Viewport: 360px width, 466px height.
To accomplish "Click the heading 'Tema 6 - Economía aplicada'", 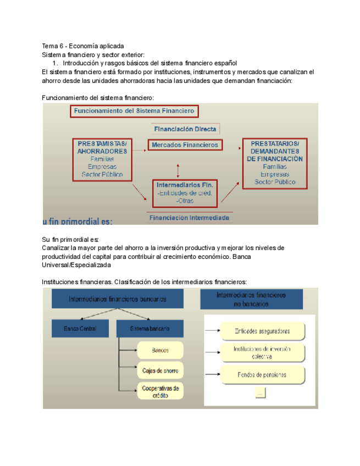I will pos(83,46).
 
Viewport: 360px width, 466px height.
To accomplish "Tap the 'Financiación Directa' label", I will pos(185,130).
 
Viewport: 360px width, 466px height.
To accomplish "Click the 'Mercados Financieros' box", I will pos(184,145).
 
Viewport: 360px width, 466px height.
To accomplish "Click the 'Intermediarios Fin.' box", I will pos(184,192).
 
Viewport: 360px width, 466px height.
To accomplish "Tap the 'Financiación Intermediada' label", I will pos(189,217).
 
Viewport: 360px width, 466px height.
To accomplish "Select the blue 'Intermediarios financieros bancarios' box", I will pos(118,299).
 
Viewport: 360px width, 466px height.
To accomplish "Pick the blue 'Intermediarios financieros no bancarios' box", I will pos(251,299).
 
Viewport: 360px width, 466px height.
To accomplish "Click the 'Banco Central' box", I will pos(80,329).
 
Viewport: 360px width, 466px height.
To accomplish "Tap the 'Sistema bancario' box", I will pos(149,329).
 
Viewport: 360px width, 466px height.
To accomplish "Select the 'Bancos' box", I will pos(160,350).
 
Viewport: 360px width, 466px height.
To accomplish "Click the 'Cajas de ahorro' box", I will pos(160,370).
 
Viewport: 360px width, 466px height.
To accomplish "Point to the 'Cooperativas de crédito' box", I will pos(160,391).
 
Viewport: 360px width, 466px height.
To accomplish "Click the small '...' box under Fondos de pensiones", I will pos(261,392).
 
